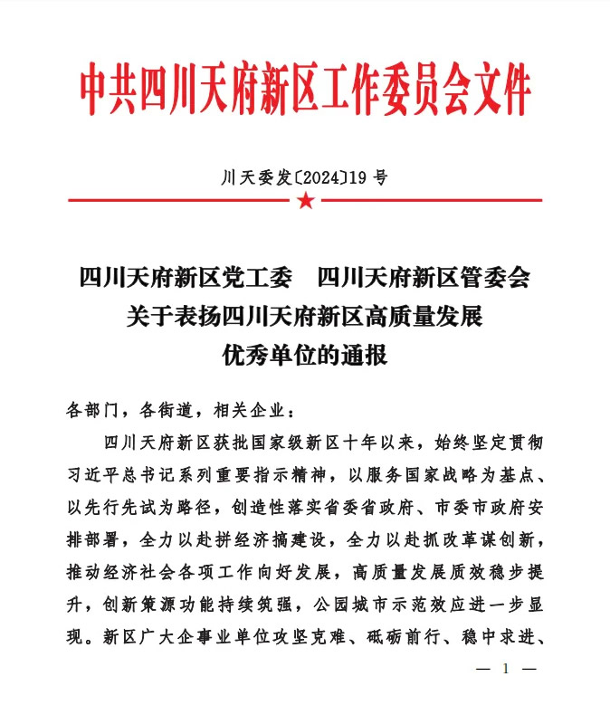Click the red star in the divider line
coord(305,200)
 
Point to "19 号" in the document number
coord(370,177)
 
